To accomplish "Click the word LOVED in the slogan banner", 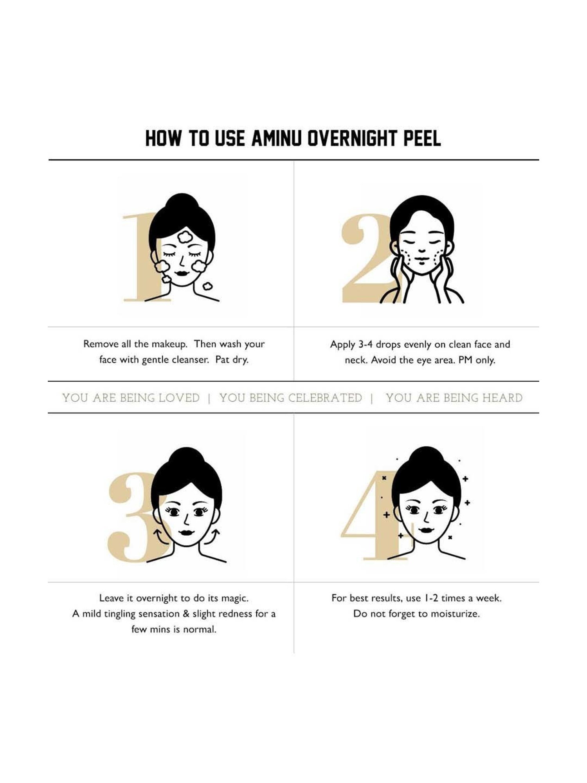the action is [179, 398].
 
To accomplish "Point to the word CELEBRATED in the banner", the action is [325, 398].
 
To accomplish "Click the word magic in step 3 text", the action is [234, 599].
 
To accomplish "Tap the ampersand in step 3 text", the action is [186, 613].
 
